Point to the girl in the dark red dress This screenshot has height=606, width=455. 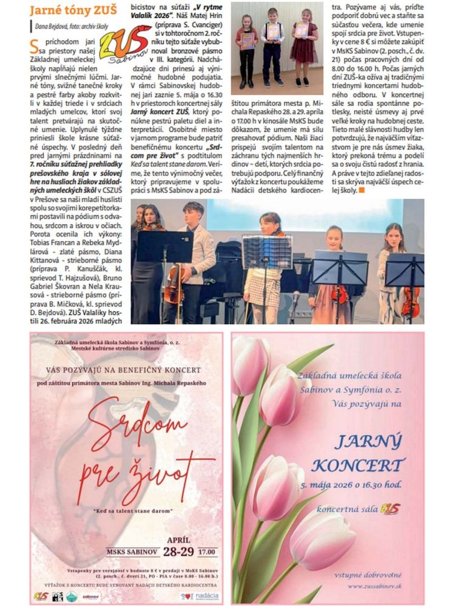[x=303, y=45]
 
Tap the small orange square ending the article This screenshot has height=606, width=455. [x=362, y=190]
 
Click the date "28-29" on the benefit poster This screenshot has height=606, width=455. [x=178, y=552]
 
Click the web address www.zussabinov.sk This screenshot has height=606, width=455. [x=372, y=586]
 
